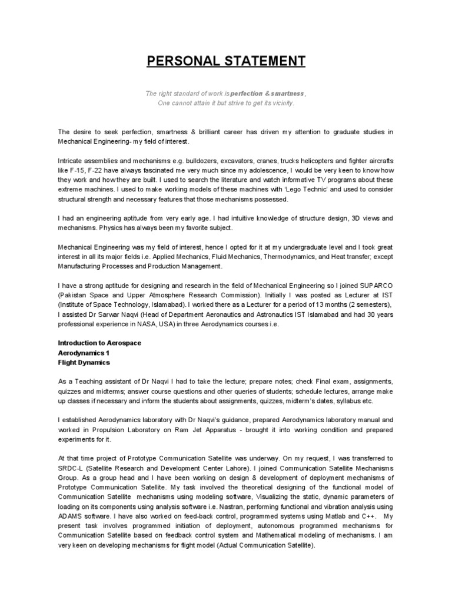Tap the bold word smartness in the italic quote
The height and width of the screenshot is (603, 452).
coord(285,94)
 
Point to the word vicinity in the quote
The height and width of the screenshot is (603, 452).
coord(280,103)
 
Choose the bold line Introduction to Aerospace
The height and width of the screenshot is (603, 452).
coord(99,343)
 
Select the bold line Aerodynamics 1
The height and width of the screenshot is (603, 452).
coord(84,352)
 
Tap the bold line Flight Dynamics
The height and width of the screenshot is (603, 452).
coord(84,362)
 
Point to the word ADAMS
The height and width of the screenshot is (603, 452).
coord(69,516)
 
